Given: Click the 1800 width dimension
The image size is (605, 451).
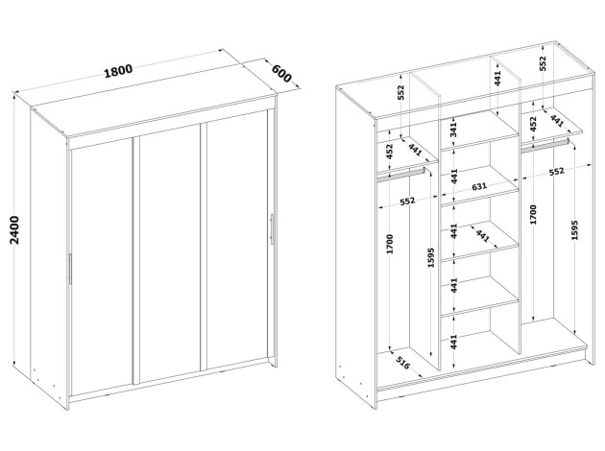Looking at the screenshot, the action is [118, 71].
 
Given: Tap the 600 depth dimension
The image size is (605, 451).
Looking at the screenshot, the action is [282, 73].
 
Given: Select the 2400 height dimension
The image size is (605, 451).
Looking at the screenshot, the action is [14, 230].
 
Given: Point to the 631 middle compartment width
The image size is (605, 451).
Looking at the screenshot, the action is [479, 186].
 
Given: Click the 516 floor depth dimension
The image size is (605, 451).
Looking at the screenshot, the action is [402, 363].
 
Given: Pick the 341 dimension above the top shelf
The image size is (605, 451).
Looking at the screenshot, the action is [454, 130].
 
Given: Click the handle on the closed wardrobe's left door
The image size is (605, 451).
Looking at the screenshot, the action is [70, 269].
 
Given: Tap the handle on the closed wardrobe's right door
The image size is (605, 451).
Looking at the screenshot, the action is [272, 229].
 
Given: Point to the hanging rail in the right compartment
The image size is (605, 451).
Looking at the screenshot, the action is [545, 145].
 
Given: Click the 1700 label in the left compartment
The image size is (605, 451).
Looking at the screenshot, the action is [390, 244].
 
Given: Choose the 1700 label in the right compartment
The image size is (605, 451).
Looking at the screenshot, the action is [533, 215].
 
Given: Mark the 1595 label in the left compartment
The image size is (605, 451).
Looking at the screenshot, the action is [431, 257].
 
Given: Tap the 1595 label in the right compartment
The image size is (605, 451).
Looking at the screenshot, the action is [574, 230].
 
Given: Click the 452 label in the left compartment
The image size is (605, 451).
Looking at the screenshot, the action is [390, 152].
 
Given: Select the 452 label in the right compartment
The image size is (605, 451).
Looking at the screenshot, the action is [533, 124].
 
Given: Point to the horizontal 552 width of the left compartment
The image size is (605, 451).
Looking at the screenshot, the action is [407, 201].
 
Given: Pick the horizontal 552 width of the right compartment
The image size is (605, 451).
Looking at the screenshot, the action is [556, 172].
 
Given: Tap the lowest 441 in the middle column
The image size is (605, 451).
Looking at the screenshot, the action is [453, 342].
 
